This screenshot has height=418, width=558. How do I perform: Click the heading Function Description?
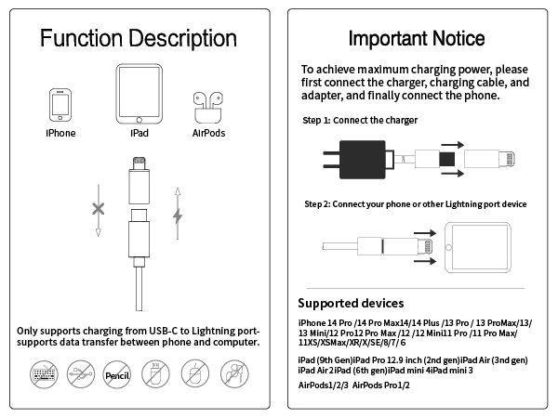[x=139, y=38]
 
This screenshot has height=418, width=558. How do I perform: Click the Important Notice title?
[x=416, y=38]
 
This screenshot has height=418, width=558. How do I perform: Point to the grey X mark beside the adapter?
[x=98, y=209]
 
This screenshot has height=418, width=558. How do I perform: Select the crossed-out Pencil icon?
[x=117, y=375]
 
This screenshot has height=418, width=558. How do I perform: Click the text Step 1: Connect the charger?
[x=360, y=121]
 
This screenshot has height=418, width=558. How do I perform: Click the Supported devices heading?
[x=351, y=303]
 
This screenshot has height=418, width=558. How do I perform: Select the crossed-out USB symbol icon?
[x=80, y=375]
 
